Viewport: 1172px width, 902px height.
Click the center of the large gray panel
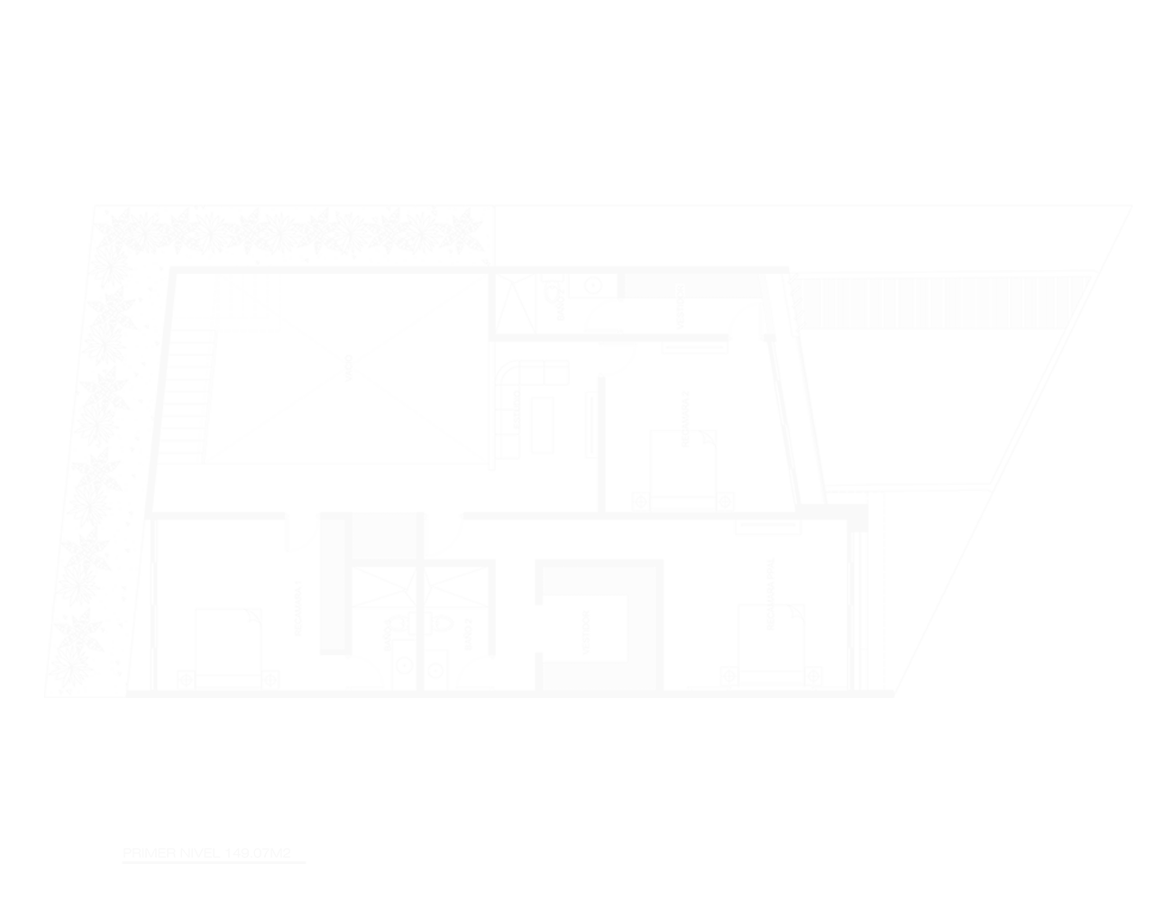coord(589,451)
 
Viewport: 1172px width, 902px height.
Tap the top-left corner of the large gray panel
coord(44,204)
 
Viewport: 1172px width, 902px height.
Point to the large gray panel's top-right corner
coord(1132,204)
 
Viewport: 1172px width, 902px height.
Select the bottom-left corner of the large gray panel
coord(44,697)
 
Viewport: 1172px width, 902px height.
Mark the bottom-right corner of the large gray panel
coord(1132,697)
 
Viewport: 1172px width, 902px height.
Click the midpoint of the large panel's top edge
coord(589,204)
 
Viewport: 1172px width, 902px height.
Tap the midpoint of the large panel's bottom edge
coord(589,697)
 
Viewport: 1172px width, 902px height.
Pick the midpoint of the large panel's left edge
coord(44,451)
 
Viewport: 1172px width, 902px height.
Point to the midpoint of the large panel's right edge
coord(1132,451)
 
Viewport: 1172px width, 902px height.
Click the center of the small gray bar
coord(214,856)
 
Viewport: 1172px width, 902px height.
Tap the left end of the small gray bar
coord(123,856)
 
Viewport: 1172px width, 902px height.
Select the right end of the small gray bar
coord(306,856)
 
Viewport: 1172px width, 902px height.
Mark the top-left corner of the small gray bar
coord(122,848)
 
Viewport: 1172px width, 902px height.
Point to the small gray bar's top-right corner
coord(306,848)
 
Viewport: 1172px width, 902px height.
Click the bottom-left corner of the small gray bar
coord(122,863)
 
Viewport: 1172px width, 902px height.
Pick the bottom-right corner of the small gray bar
coord(306,863)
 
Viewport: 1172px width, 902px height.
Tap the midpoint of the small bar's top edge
coord(214,848)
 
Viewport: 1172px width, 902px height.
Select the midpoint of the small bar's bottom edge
coord(214,863)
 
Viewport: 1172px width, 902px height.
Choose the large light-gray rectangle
coord(589,451)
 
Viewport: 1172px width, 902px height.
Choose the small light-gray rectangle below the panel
coord(214,856)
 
